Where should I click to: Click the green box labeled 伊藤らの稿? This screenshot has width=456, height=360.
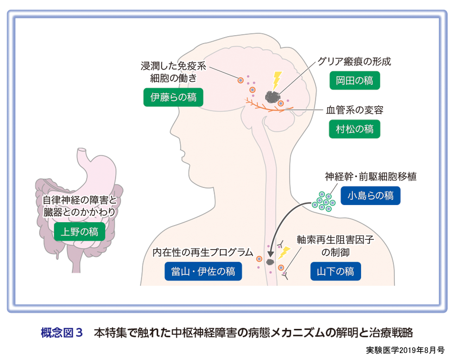pos(173,97)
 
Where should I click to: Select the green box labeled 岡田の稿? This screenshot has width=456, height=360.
pos(355,81)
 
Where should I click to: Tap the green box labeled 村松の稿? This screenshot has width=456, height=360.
pos(355,129)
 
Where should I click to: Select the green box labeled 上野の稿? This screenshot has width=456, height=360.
pos(79,231)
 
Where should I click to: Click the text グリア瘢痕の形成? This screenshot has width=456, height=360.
pos(354,62)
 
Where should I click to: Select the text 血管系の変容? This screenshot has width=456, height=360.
pos(355,110)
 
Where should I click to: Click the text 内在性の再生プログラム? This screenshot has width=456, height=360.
pos(203,252)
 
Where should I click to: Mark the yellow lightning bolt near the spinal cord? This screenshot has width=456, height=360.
pos(284,253)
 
